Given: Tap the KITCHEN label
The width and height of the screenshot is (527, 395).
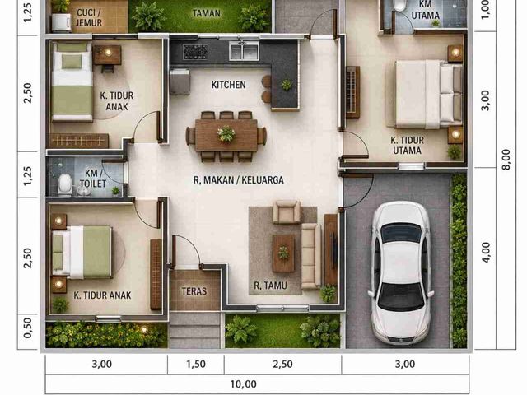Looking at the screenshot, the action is pyautogui.click(x=229, y=85).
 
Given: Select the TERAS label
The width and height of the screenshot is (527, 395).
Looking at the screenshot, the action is pyautogui.click(x=194, y=290).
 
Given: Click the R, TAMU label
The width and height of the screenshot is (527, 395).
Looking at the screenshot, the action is pyautogui.click(x=271, y=286).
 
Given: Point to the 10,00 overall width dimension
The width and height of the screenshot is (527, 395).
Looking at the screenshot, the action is pyautogui.click(x=244, y=384).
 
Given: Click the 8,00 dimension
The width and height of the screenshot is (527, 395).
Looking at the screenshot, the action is pyautogui.click(x=506, y=159).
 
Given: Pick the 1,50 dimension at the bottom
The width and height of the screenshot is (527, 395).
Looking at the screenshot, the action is pyautogui.click(x=196, y=364).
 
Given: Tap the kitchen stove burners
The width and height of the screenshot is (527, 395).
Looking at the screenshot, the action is pyautogui.click(x=195, y=52).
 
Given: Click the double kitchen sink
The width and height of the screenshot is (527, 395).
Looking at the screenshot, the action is pyautogui.click(x=244, y=51).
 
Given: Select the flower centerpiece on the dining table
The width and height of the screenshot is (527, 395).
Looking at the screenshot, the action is pyautogui.click(x=226, y=133).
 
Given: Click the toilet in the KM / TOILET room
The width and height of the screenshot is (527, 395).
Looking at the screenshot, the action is pyautogui.click(x=64, y=184).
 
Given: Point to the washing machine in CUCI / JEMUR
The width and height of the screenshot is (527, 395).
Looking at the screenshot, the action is pyautogui.click(x=61, y=22).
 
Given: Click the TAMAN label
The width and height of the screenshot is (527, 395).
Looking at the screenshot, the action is pyautogui.click(x=207, y=13).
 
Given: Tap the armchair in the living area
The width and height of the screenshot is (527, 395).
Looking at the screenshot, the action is pyautogui.click(x=287, y=212).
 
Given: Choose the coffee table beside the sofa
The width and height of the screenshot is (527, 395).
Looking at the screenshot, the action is pyautogui.click(x=283, y=253).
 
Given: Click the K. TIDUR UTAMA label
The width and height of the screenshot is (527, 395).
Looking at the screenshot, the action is pyautogui.click(x=407, y=145).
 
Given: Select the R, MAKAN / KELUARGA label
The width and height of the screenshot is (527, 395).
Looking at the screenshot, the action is pyautogui.click(x=239, y=180).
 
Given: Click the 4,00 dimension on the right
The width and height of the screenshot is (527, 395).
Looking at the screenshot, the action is pyautogui.click(x=486, y=253).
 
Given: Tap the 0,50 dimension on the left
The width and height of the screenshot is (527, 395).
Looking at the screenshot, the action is pyautogui.click(x=28, y=328).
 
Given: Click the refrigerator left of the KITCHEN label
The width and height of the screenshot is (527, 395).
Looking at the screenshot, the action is pyautogui.click(x=180, y=82).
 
